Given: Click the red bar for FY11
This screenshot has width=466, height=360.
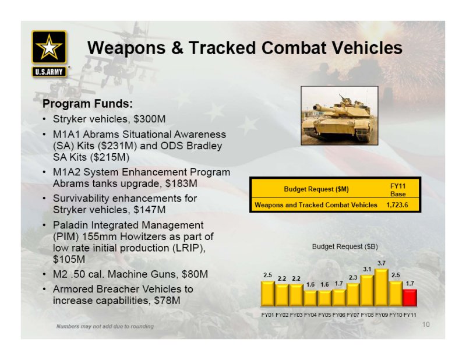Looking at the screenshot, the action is click(x=410, y=298).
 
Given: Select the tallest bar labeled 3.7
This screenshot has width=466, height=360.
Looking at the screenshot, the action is click(x=382, y=287).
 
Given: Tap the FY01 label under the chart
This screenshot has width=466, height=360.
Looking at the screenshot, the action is click(x=267, y=315).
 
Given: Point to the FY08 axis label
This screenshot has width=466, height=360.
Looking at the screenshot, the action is click(x=368, y=315).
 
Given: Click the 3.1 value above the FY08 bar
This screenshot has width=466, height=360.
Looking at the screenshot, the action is click(x=368, y=269).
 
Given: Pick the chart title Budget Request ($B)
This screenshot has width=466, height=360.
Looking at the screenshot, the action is click(x=345, y=246).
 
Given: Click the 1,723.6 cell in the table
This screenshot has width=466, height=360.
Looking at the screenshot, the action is click(x=397, y=205).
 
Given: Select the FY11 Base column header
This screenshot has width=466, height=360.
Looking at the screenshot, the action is click(x=398, y=190).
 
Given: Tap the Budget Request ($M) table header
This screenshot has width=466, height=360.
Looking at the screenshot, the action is click(x=316, y=189).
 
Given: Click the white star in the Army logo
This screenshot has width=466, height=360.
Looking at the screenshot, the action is click(x=49, y=47).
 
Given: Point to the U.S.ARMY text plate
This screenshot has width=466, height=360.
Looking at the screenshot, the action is click(x=49, y=72).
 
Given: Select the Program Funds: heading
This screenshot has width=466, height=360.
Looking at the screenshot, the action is click(x=88, y=104).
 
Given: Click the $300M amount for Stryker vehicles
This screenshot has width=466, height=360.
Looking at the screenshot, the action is click(x=150, y=119).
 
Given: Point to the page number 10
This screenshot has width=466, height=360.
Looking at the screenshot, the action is click(x=426, y=324).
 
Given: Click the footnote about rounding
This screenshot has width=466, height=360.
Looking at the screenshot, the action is click(x=105, y=326).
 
